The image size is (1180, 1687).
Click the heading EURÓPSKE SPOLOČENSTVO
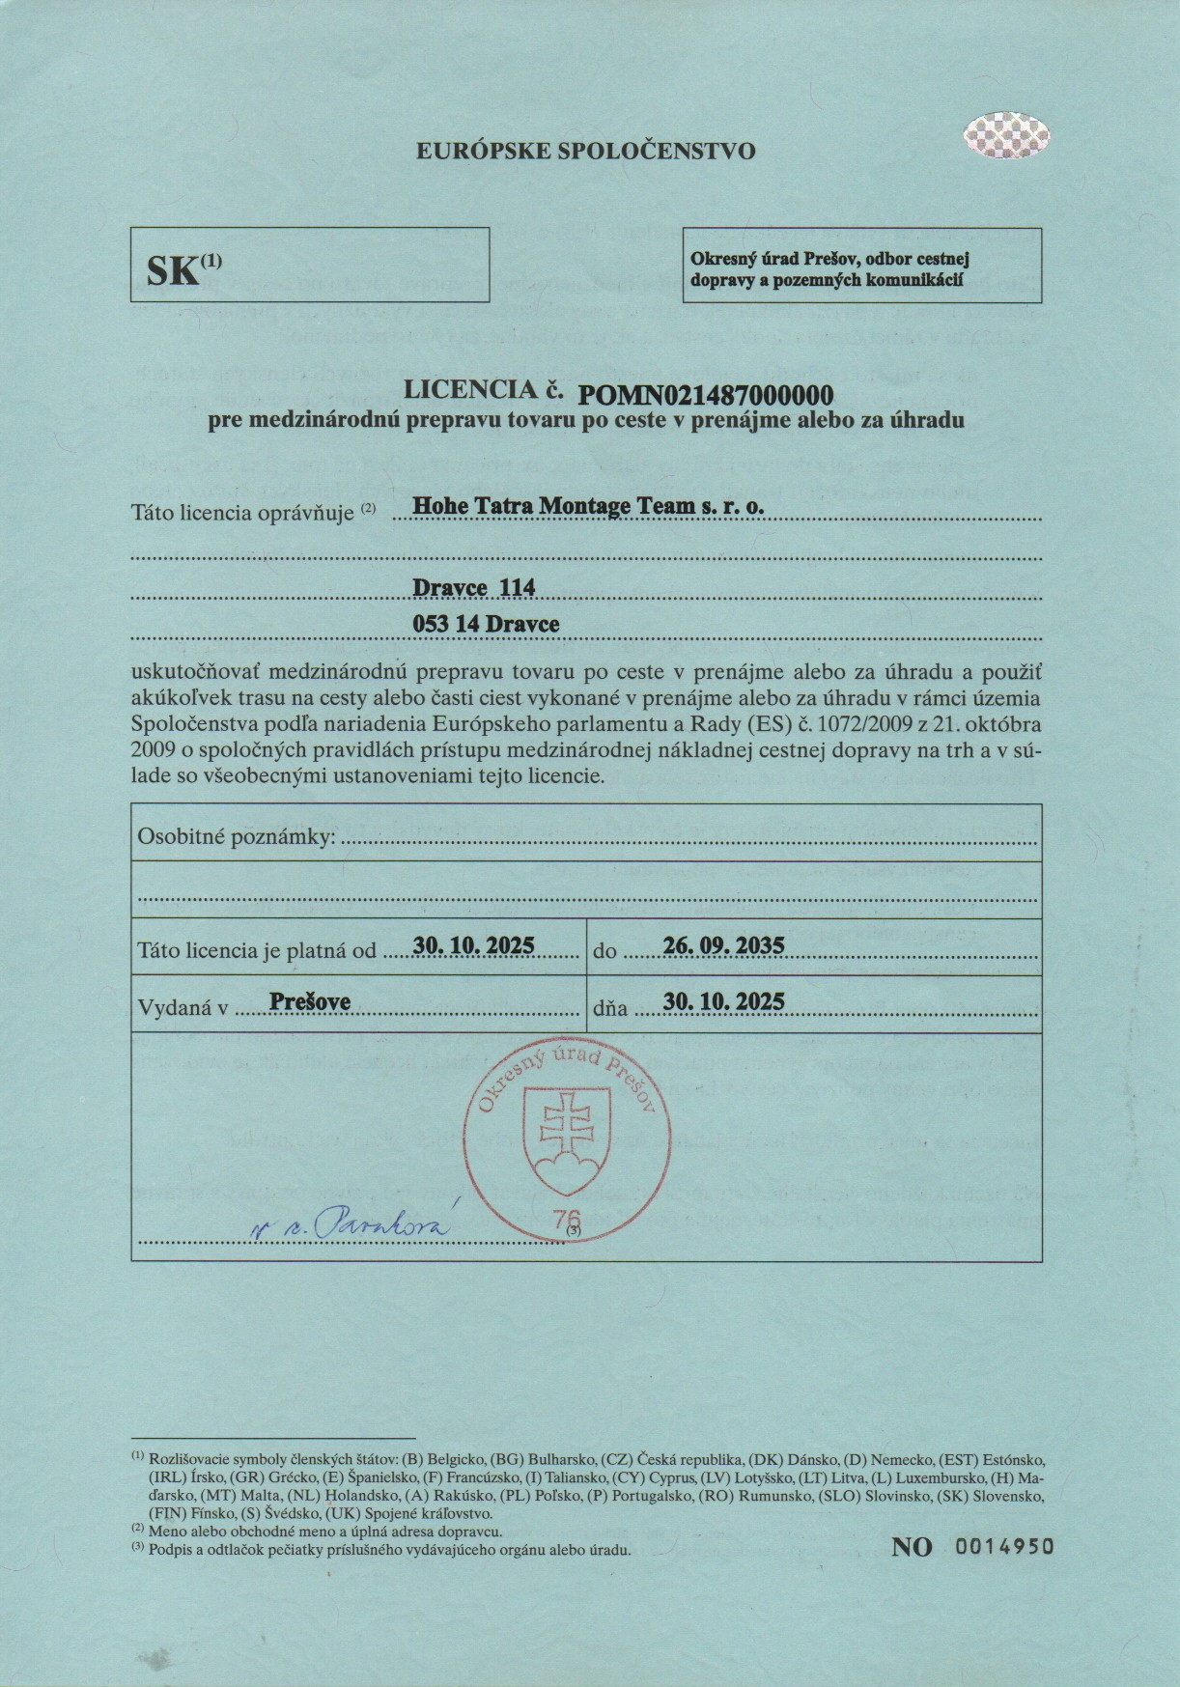585,151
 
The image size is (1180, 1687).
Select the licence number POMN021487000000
705,394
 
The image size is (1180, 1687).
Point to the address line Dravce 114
473,587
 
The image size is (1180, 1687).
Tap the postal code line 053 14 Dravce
486,624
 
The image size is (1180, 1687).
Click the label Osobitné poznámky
237,836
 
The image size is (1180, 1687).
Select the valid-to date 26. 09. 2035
723,945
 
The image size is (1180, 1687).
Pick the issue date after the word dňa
723,1001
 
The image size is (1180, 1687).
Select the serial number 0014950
1004,1546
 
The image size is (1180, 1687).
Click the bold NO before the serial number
912,1547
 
